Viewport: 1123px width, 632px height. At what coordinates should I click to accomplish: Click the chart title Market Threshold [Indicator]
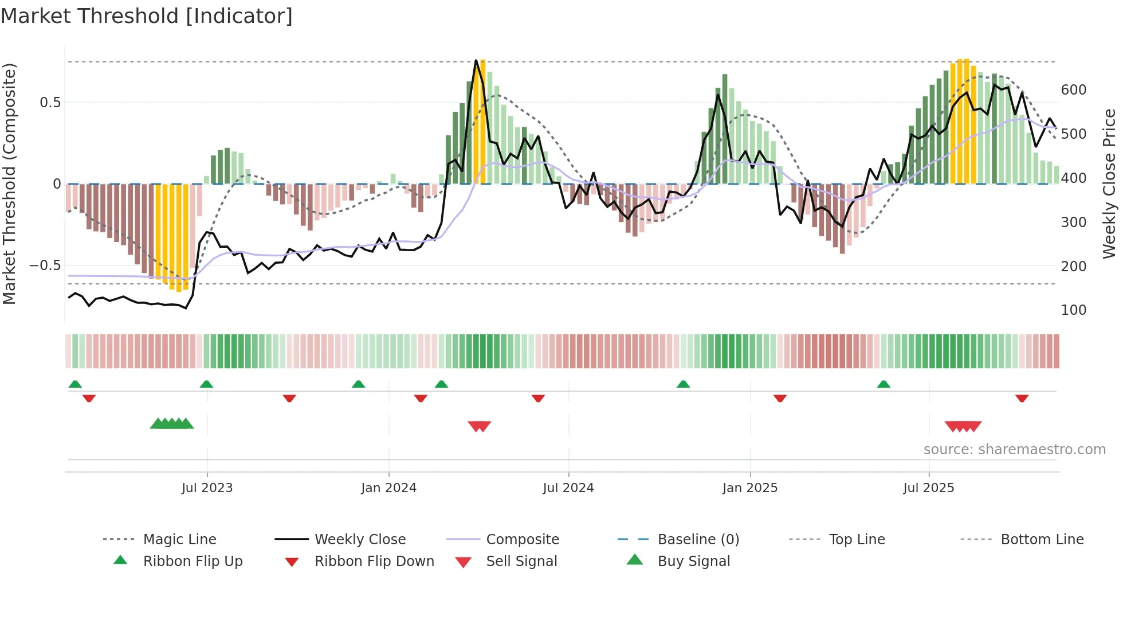tap(147, 16)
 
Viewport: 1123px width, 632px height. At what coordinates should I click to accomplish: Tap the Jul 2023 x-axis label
tap(207, 488)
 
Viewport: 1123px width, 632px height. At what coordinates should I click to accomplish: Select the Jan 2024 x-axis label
tap(388, 488)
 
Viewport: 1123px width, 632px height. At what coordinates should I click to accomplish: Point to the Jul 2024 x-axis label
tap(568, 488)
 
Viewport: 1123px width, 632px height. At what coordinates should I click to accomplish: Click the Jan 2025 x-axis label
tap(749, 488)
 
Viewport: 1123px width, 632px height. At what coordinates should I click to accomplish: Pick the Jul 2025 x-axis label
tap(928, 488)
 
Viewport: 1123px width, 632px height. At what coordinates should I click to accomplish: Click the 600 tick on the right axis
tap(1073, 90)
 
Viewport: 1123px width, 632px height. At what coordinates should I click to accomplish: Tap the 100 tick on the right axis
tap(1073, 310)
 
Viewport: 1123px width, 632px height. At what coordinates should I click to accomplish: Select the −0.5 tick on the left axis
tap(45, 266)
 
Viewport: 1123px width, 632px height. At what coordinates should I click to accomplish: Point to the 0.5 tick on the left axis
tap(50, 103)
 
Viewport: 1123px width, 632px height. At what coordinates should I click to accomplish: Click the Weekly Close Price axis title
tap(1109, 184)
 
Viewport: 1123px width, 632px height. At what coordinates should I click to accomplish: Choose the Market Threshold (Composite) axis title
tap(9, 184)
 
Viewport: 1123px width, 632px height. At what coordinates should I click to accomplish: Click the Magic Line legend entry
tap(179, 540)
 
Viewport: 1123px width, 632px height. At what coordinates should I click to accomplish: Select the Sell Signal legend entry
tap(521, 561)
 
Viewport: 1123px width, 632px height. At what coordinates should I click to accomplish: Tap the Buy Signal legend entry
tap(693, 561)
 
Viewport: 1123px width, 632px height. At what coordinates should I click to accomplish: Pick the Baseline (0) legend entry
tap(698, 540)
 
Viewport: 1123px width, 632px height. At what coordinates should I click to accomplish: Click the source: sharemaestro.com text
tap(1014, 450)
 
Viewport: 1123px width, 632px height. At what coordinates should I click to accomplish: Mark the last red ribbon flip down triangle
tap(1022, 398)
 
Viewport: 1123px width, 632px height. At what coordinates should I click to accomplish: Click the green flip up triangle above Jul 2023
tap(206, 384)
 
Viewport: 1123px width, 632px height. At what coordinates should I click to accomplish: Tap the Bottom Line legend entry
tap(1042, 540)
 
